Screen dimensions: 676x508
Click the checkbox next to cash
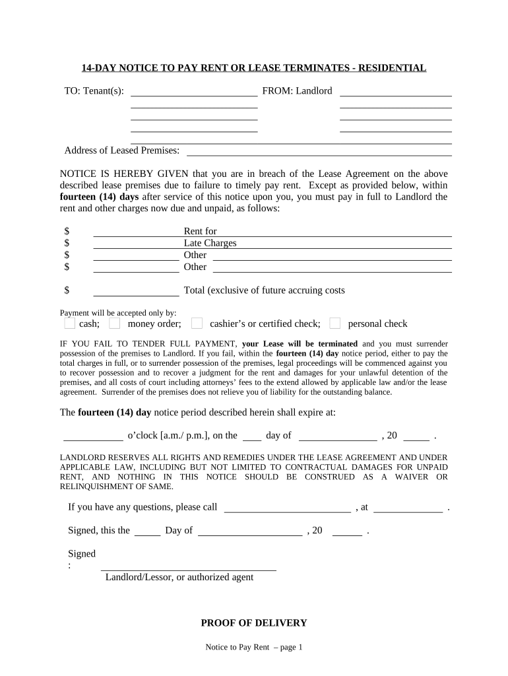point(70,323)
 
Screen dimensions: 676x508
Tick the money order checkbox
point(115,323)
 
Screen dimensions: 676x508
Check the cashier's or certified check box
point(197,323)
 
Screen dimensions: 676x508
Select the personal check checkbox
point(335,323)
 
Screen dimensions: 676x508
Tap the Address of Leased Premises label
point(122,151)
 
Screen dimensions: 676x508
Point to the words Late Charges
point(210,243)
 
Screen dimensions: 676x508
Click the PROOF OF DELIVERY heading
point(254,623)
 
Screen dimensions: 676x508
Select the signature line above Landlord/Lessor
point(188,568)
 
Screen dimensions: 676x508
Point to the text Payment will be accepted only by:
point(118,313)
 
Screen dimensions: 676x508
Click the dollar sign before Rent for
point(67,232)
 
